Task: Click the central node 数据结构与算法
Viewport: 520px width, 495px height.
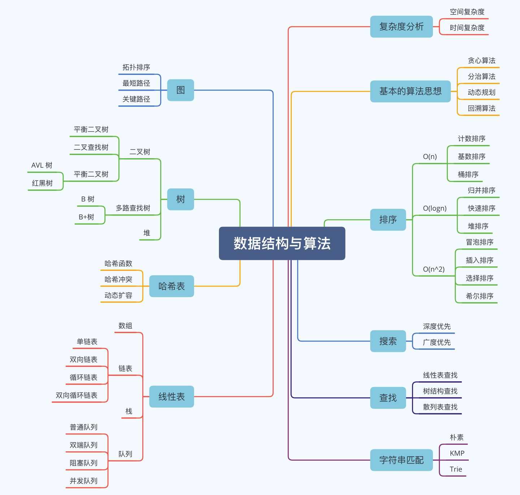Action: pyautogui.click(x=282, y=243)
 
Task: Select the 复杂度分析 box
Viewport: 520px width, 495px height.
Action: pyautogui.click(x=401, y=27)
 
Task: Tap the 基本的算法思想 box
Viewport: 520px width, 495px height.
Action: pyautogui.click(x=410, y=91)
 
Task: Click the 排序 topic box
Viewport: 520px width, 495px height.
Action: pyautogui.click(x=388, y=220)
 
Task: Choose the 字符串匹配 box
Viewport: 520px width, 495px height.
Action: pyautogui.click(x=401, y=460)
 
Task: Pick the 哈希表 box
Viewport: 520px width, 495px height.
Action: pyautogui.click(x=172, y=286)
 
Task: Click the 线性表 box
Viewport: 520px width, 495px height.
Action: pyautogui.click(x=172, y=396)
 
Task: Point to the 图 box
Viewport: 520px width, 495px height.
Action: pyautogui.click(x=181, y=90)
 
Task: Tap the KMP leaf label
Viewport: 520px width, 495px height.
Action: pyautogui.click(x=457, y=453)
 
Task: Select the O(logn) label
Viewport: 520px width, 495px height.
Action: pyautogui.click(x=435, y=208)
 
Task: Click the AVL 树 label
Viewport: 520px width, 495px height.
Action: pyautogui.click(x=42, y=165)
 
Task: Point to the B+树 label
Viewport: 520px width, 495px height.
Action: pyautogui.click(x=87, y=217)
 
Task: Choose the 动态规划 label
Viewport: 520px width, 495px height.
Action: pyautogui.click(x=481, y=92)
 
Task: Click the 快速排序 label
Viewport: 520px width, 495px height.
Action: pyautogui.click(x=481, y=208)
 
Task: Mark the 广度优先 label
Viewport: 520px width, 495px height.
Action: pyautogui.click(x=437, y=342)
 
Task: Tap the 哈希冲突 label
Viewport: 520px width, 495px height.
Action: pyautogui.click(x=118, y=279)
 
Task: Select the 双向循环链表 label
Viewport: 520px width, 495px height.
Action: pyautogui.click(x=77, y=395)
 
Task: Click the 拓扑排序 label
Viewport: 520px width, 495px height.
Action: pyautogui.click(x=136, y=67)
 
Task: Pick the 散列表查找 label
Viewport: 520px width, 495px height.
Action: pyautogui.click(x=440, y=407)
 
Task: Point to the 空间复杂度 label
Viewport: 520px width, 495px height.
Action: pyautogui.click(x=467, y=12)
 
